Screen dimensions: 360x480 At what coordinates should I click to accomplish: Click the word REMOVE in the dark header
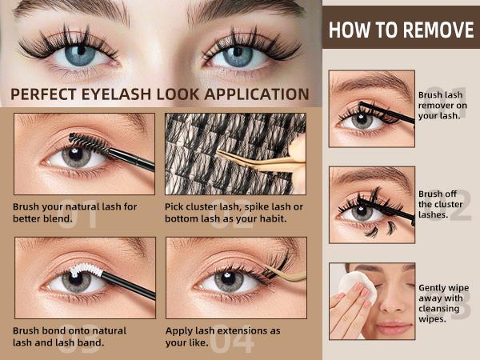[435, 31]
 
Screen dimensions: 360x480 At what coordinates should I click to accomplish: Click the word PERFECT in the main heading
[47, 94]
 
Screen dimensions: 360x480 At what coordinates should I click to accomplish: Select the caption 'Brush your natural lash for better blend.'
[74, 212]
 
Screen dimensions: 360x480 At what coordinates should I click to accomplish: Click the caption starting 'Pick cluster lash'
[236, 212]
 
